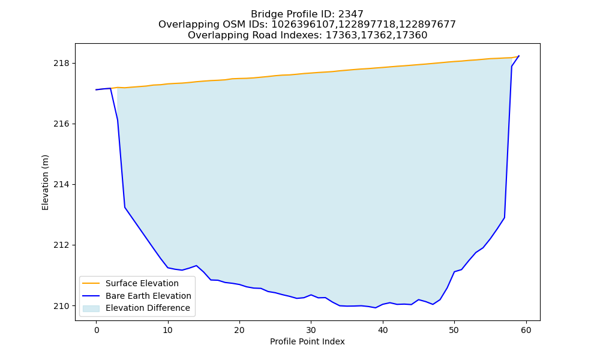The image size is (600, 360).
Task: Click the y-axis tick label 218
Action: pyautogui.click(x=61, y=64)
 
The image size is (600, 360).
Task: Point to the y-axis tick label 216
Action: pyautogui.click(x=61, y=124)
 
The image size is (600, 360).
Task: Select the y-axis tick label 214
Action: pyautogui.click(x=61, y=185)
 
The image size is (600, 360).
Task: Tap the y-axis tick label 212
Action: pyautogui.click(x=61, y=245)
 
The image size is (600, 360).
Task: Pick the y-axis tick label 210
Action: pyautogui.click(x=61, y=306)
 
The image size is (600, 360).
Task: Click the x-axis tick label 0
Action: pyautogui.click(x=97, y=330)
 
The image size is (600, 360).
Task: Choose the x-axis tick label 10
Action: pyautogui.click(x=168, y=330)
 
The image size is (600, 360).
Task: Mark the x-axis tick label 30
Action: pyautogui.click(x=311, y=330)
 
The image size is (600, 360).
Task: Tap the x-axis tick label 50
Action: pyautogui.click(x=454, y=330)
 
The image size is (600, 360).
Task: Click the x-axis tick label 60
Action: pyautogui.click(x=526, y=330)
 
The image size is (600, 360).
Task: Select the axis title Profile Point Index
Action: pyautogui.click(x=307, y=341)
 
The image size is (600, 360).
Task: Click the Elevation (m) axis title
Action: pyautogui.click(x=45, y=182)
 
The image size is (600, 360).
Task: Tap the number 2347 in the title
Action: pyautogui.click(x=351, y=14)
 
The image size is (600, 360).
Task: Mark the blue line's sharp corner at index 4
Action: pyautogui.click(x=125, y=208)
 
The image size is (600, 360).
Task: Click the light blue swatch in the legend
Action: pyautogui.click(x=91, y=308)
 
